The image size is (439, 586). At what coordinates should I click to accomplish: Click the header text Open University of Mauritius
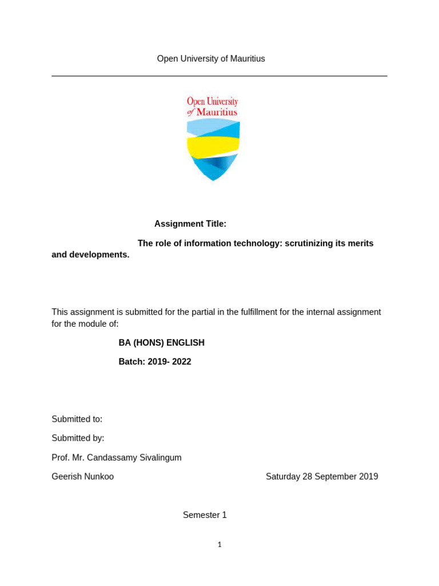click(x=211, y=59)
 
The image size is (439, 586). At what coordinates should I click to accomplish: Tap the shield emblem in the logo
click(x=213, y=149)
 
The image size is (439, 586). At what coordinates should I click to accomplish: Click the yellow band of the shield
click(x=213, y=148)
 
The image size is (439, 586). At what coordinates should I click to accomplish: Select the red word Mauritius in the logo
click(x=217, y=113)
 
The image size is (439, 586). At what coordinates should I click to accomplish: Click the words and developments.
click(x=90, y=255)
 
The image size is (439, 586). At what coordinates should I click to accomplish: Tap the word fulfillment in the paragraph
click(x=264, y=312)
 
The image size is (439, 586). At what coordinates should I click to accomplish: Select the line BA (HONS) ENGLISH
click(x=161, y=343)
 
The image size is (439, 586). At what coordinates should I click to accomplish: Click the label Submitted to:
click(x=77, y=419)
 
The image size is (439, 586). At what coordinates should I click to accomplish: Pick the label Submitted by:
click(x=78, y=438)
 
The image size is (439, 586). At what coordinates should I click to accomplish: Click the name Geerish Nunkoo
click(x=82, y=476)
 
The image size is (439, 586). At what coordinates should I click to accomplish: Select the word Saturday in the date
click(x=283, y=476)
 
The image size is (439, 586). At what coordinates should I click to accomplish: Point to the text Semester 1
click(x=205, y=515)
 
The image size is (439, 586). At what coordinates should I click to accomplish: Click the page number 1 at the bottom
click(x=219, y=545)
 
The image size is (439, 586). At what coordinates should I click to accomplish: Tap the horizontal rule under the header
click(x=219, y=76)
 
